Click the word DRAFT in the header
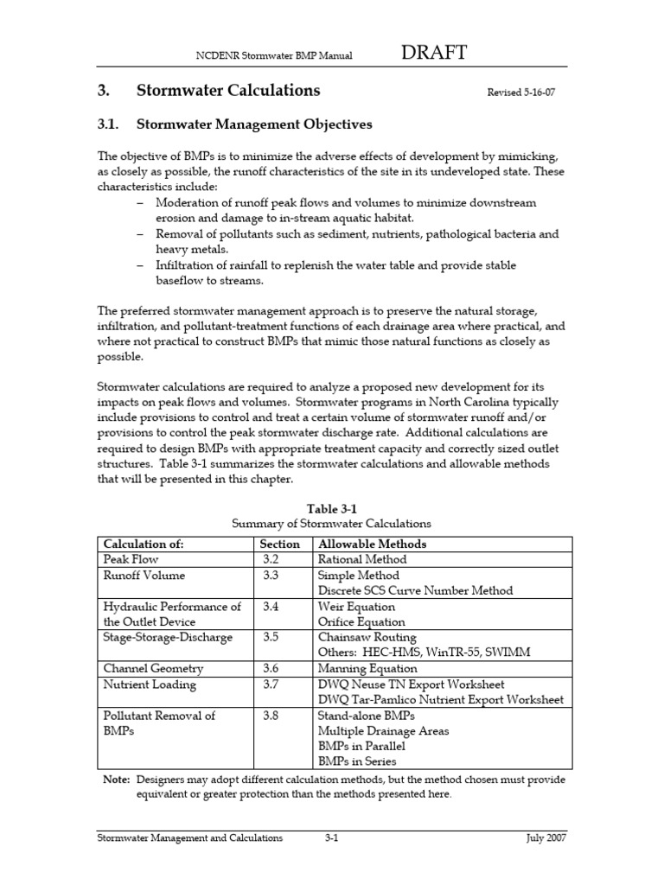(x=435, y=54)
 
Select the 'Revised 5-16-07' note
(x=521, y=93)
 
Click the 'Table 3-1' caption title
(x=332, y=509)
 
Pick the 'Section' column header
(x=280, y=544)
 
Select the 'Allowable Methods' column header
(x=372, y=544)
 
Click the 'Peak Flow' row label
(x=131, y=559)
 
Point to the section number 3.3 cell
(x=271, y=575)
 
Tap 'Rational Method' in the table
(x=362, y=559)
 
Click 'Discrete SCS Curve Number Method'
(x=415, y=590)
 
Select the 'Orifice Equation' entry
(x=361, y=621)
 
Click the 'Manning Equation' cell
(x=367, y=668)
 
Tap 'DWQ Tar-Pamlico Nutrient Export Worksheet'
(x=440, y=699)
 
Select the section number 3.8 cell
(x=271, y=716)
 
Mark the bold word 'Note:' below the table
(x=116, y=780)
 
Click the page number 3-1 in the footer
(x=330, y=838)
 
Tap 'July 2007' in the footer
(x=546, y=838)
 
